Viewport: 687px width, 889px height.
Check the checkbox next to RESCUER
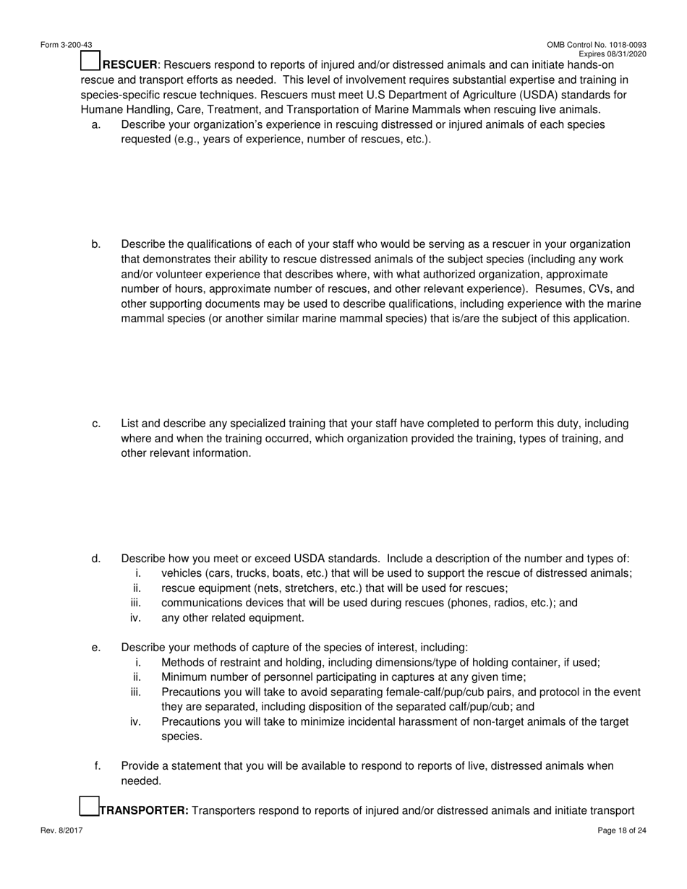pos(90,61)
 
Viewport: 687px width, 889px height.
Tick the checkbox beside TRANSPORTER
pos(88,806)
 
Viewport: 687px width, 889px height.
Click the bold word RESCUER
pos(130,65)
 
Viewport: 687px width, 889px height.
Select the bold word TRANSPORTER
pos(143,810)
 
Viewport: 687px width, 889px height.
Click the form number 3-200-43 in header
pos(66,45)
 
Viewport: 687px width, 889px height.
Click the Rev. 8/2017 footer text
pos(61,830)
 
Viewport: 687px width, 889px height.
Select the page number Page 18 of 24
pos(622,830)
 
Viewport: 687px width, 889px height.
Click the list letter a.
pos(96,124)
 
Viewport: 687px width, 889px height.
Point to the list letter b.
pos(96,244)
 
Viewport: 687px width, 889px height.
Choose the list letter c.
pos(96,424)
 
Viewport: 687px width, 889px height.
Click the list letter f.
pos(97,765)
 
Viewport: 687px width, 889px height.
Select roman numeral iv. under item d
pos(135,618)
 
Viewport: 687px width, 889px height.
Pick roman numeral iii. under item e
pos(135,692)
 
